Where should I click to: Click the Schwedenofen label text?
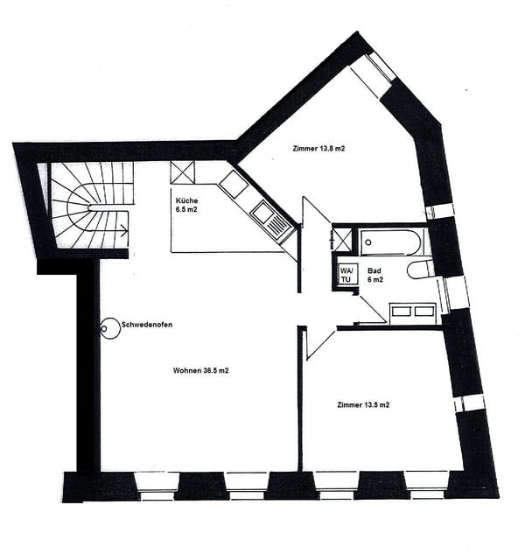pyautogui.click(x=147, y=325)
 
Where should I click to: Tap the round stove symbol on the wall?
pyautogui.click(x=110, y=328)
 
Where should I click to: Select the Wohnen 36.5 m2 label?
pyautogui.click(x=200, y=370)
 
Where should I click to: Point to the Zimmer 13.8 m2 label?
pyautogui.click(x=318, y=149)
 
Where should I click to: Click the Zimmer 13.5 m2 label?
pyautogui.click(x=363, y=405)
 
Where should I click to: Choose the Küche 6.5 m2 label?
pyautogui.click(x=186, y=205)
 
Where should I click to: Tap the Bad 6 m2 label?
pyautogui.click(x=374, y=275)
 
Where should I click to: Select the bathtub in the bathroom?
pyautogui.click(x=390, y=242)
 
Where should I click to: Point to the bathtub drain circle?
pyautogui.click(x=368, y=242)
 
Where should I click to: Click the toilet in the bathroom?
pyautogui.click(x=420, y=270)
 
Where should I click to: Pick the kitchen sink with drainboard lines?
pyautogui.click(x=271, y=221)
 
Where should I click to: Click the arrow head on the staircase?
pyautogui.click(x=124, y=231)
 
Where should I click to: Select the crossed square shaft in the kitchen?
pyautogui.click(x=183, y=172)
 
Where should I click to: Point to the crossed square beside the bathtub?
pyautogui.click(x=342, y=240)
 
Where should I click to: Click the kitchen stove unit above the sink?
pyautogui.click(x=233, y=184)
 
